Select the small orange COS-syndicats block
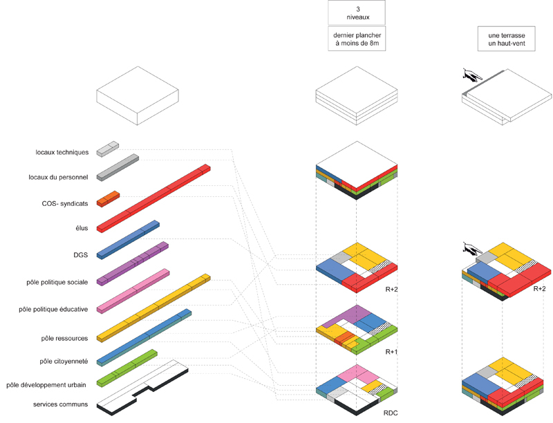109,198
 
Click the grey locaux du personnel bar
118,167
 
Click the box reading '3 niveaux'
356,12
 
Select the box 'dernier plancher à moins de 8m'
357,39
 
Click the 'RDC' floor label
391,413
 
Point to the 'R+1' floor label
391,352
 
